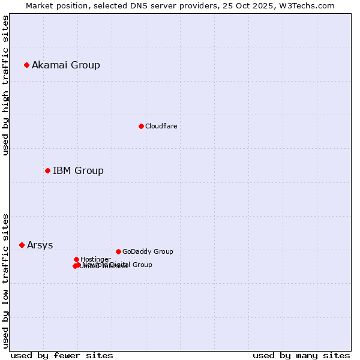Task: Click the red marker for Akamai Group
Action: (x=26, y=65)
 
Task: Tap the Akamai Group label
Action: (x=66, y=65)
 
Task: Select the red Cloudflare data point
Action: (x=141, y=126)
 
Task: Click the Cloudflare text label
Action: (x=161, y=126)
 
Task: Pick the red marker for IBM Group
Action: (x=47, y=171)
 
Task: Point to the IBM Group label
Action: (x=78, y=171)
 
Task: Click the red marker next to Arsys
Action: (x=22, y=245)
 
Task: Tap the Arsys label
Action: (x=40, y=245)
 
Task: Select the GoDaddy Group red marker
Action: (x=118, y=251)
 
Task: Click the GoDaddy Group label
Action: (x=148, y=251)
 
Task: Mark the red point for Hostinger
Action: (x=76, y=259)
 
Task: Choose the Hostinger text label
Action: (x=95, y=259)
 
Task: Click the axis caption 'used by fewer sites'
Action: (x=62, y=355)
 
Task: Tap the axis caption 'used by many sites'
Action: (x=301, y=355)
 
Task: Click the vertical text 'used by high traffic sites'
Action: (x=6, y=85)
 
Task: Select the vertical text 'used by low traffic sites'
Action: (x=6, y=281)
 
